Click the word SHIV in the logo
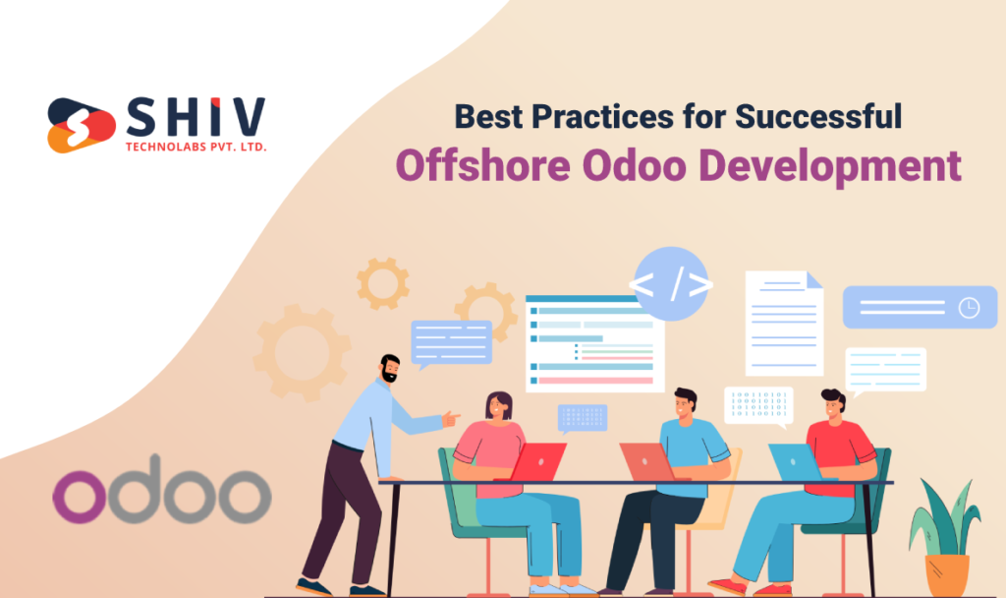coord(195,117)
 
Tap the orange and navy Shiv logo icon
coord(81,125)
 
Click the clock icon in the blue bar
coord(969,308)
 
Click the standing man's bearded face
coord(388,368)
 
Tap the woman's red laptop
coord(537,461)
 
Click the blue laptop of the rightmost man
coord(793,460)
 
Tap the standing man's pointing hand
coord(450,418)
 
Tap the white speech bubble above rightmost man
coord(885,371)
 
